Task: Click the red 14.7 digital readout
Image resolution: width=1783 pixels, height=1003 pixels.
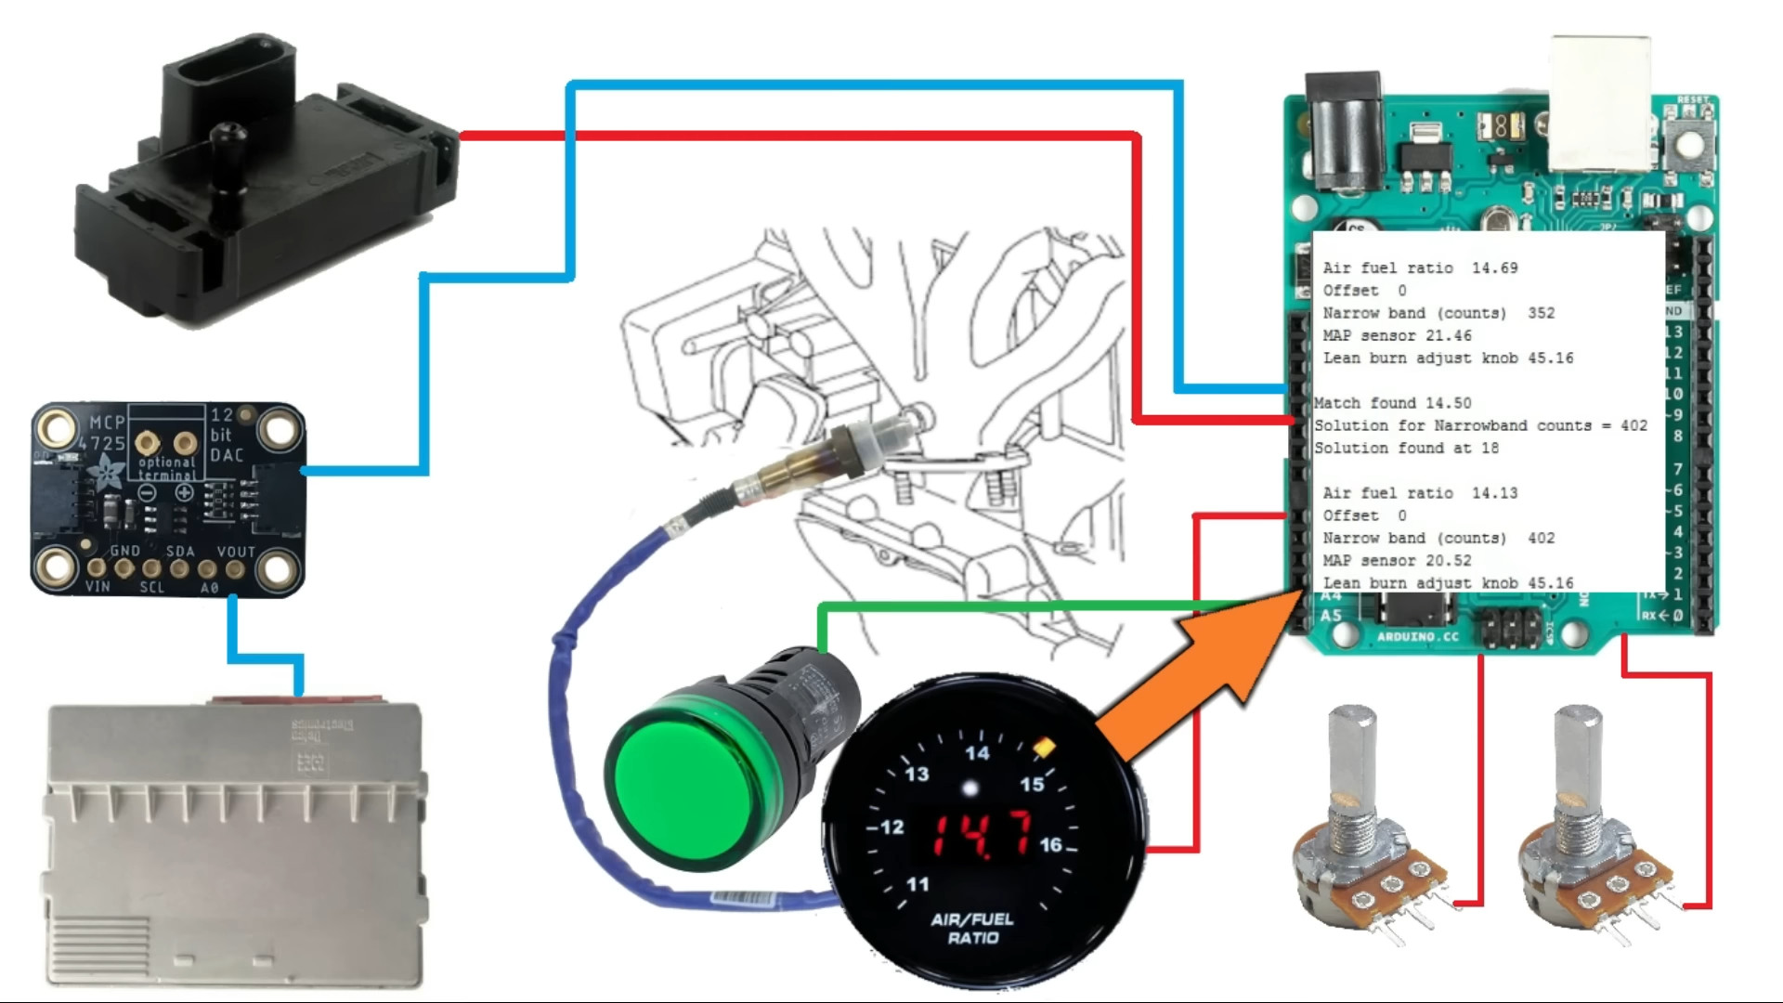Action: point(982,833)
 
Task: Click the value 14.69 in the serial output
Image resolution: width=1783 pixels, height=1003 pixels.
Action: point(1494,268)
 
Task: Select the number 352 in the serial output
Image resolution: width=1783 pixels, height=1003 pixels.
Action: point(1541,313)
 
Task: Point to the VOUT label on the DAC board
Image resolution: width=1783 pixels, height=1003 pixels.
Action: point(236,552)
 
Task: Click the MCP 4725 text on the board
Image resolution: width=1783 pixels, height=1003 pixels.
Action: point(107,433)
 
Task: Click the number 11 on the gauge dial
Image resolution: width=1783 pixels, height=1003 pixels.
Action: point(918,884)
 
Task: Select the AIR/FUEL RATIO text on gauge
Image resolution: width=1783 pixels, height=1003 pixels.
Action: point(972,929)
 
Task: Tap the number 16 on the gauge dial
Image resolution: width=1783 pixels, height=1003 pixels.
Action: point(1050,844)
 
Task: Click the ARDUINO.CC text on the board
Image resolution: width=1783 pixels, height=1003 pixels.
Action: point(1417,637)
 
